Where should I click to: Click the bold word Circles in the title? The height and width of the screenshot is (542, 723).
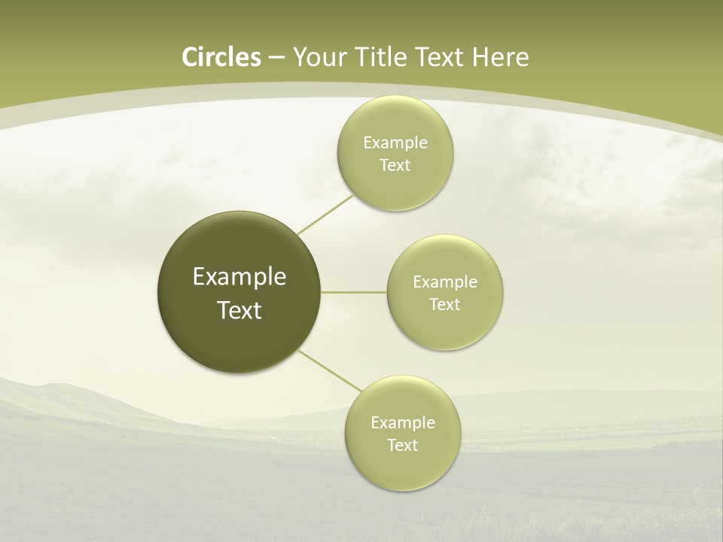(x=221, y=57)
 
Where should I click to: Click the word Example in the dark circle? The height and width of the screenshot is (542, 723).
(x=239, y=277)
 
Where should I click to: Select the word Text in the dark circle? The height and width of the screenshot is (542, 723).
(x=239, y=310)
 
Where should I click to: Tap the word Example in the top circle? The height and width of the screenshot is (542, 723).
(x=395, y=143)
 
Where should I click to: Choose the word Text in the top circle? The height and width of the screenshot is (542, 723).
(x=395, y=166)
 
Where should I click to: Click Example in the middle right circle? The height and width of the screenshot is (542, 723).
(x=445, y=282)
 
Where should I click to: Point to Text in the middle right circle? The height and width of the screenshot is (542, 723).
(x=444, y=305)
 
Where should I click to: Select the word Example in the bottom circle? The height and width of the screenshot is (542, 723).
(x=403, y=423)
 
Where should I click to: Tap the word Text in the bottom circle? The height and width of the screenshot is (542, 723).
(x=402, y=446)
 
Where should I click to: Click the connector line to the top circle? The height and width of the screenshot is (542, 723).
(x=325, y=215)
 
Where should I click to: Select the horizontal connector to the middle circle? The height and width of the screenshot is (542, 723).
(x=354, y=292)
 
